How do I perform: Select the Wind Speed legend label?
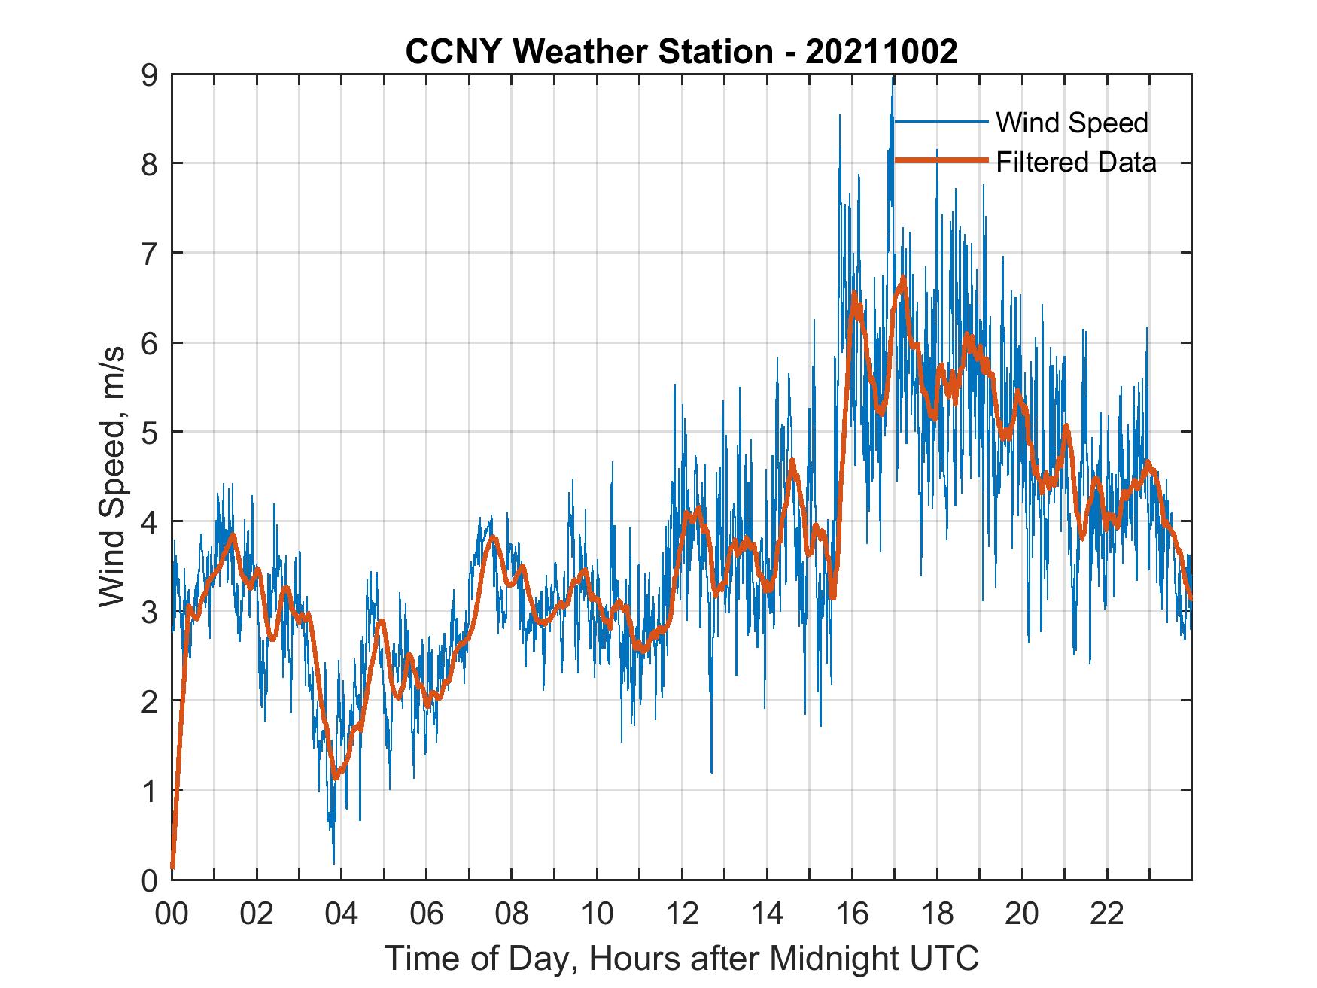(1072, 123)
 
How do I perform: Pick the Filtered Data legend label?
(1075, 162)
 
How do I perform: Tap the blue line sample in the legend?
(941, 122)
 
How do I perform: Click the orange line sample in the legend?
(941, 160)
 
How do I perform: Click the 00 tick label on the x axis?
(172, 914)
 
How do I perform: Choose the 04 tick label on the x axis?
(342, 914)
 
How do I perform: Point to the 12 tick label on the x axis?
(682, 914)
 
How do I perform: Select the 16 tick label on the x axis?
(852, 914)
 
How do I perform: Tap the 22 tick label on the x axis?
(1107, 914)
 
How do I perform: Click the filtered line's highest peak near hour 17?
(903, 281)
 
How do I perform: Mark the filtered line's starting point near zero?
(172, 867)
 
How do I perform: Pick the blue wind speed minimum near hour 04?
(333, 862)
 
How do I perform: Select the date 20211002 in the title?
(881, 51)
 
